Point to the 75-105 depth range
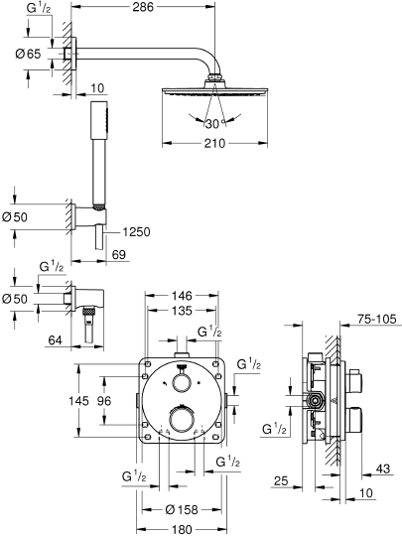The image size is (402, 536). [375, 321]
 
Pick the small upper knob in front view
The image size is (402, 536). [182, 384]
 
